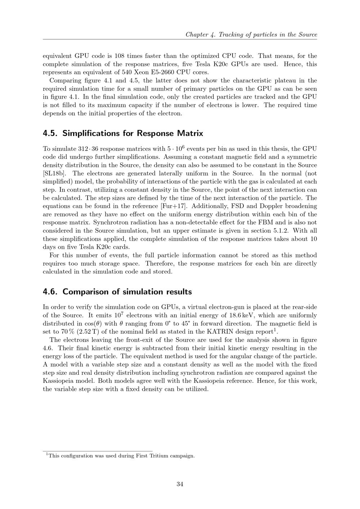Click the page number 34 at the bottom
click(180, 484)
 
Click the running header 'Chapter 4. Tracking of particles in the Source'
click(251, 35)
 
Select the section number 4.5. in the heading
click(50, 133)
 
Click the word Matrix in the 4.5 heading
click(190, 133)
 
